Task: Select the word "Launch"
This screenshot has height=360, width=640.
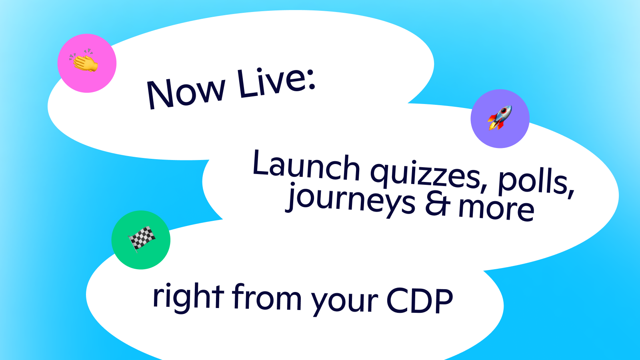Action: [x=306, y=166]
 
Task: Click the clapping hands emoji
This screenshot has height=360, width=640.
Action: [x=86, y=62]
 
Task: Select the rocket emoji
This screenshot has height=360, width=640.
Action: [x=500, y=118]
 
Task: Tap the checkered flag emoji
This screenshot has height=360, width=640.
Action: [x=142, y=239]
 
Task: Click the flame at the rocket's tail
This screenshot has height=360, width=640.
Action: [x=492, y=128]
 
